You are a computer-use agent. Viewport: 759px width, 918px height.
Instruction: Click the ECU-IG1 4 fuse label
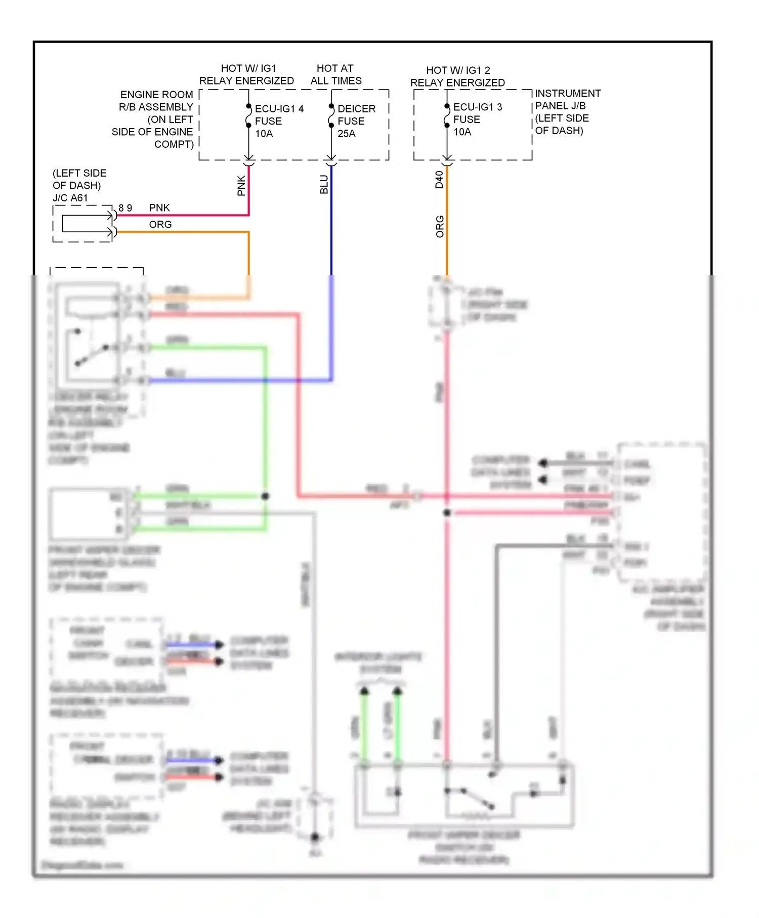pyautogui.click(x=279, y=109)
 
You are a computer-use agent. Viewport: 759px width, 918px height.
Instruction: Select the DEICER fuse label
pyautogui.click(x=356, y=109)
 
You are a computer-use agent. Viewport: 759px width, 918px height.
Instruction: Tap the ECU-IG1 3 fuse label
pyautogui.click(x=477, y=107)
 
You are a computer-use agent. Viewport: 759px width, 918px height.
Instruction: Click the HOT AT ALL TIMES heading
pyautogui.click(x=335, y=74)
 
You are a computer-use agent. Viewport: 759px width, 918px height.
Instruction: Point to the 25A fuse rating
pyautogui.click(x=347, y=134)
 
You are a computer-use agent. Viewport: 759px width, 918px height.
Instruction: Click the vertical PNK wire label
pyautogui.click(x=241, y=186)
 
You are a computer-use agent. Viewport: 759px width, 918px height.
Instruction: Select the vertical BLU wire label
pyautogui.click(x=324, y=185)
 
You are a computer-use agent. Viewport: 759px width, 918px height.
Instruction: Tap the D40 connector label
pyautogui.click(x=439, y=180)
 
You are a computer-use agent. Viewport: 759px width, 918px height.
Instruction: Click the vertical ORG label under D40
pyautogui.click(x=440, y=226)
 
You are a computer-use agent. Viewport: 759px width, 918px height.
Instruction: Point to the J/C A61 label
pyautogui.click(x=70, y=198)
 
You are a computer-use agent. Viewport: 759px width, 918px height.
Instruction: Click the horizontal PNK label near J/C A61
pyautogui.click(x=159, y=207)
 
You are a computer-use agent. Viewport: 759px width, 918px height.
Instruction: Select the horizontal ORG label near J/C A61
pyautogui.click(x=160, y=224)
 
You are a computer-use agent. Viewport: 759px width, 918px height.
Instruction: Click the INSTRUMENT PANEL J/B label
pyautogui.click(x=567, y=100)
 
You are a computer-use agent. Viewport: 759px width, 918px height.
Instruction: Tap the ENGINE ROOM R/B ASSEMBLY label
pyautogui.click(x=156, y=101)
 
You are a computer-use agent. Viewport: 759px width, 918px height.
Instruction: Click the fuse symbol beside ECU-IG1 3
pyautogui.click(x=447, y=116)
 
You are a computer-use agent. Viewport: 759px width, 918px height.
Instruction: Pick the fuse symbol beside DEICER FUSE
pyautogui.click(x=331, y=116)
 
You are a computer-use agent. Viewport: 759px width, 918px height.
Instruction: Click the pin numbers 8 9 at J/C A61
pyautogui.click(x=125, y=208)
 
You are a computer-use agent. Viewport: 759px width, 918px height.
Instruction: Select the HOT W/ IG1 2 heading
pyautogui.click(x=458, y=70)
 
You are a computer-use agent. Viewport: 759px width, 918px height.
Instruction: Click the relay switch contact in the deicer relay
pyautogui.click(x=92, y=355)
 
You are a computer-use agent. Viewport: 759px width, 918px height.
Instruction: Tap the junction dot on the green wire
pyautogui.click(x=265, y=496)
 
